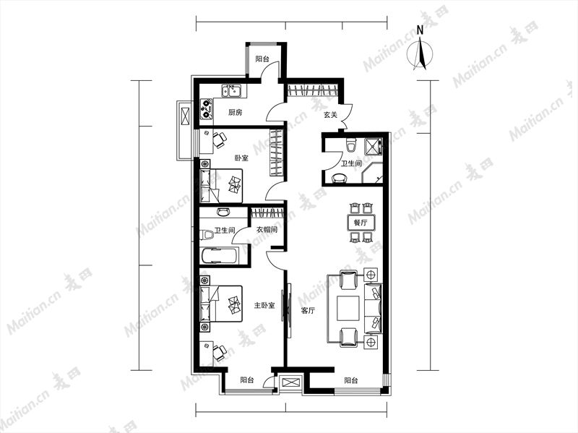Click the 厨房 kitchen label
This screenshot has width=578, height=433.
(236, 113)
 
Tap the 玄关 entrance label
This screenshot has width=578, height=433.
(330, 115)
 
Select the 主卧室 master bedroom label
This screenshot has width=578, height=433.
(264, 305)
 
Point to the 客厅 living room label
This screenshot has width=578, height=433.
(308, 311)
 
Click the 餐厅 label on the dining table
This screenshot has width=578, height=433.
(361, 223)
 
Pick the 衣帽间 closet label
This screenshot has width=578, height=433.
(267, 229)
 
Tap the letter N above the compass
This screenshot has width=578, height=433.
(420, 30)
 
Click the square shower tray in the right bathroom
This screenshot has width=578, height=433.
(373, 146)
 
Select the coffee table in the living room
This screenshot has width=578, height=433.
(348, 309)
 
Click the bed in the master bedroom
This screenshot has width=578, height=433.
(221, 303)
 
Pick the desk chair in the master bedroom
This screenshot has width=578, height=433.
(220, 352)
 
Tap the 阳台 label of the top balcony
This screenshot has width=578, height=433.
(262, 59)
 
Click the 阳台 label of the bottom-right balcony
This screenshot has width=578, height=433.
(350, 380)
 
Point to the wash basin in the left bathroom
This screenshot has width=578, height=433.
(223, 212)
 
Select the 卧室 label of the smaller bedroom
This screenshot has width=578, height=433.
(241, 158)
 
